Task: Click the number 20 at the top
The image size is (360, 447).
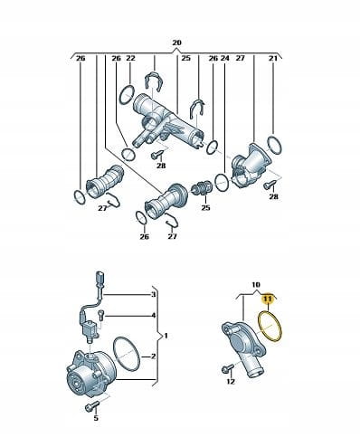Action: click(x=177, y=43)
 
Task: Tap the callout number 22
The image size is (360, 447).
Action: click(x=130, y=58)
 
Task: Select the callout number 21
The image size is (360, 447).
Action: click(x=273, y=58)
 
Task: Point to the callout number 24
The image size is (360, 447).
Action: click(x=225, y=58)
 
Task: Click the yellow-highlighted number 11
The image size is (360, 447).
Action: click(x=268, y=299)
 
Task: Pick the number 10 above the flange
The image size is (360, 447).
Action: click(x=255, y=284)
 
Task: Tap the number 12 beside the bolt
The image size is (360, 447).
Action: click(x=231, y=382)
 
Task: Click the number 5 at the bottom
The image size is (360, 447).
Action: click(x=96, y=418)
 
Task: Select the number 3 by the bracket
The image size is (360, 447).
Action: click(x=154, y=294)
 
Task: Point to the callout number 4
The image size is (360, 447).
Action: click(x=154, y=316)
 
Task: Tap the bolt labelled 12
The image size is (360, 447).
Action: click(x=227, y=368)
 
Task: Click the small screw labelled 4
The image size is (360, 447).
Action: click(x=100, y=316)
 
